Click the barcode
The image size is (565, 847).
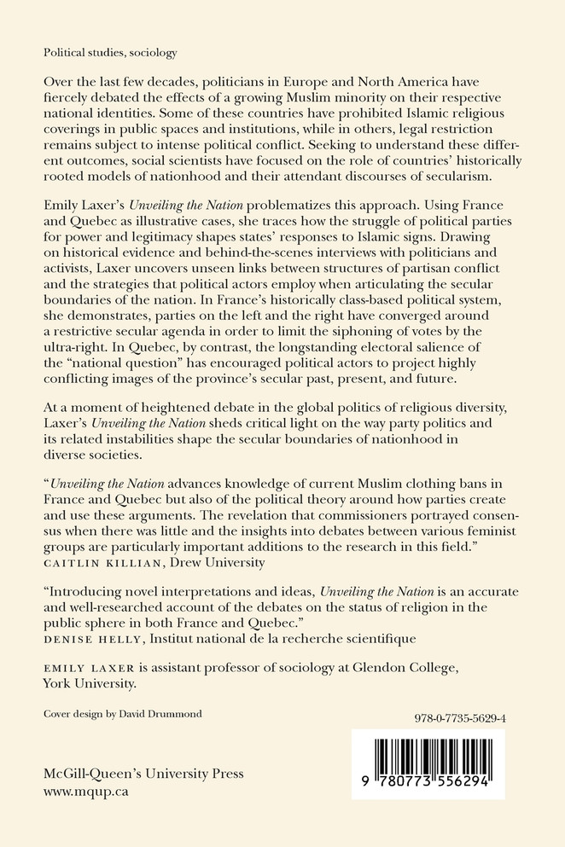coord(428,763)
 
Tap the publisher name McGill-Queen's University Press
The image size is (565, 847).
coord(143,774)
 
